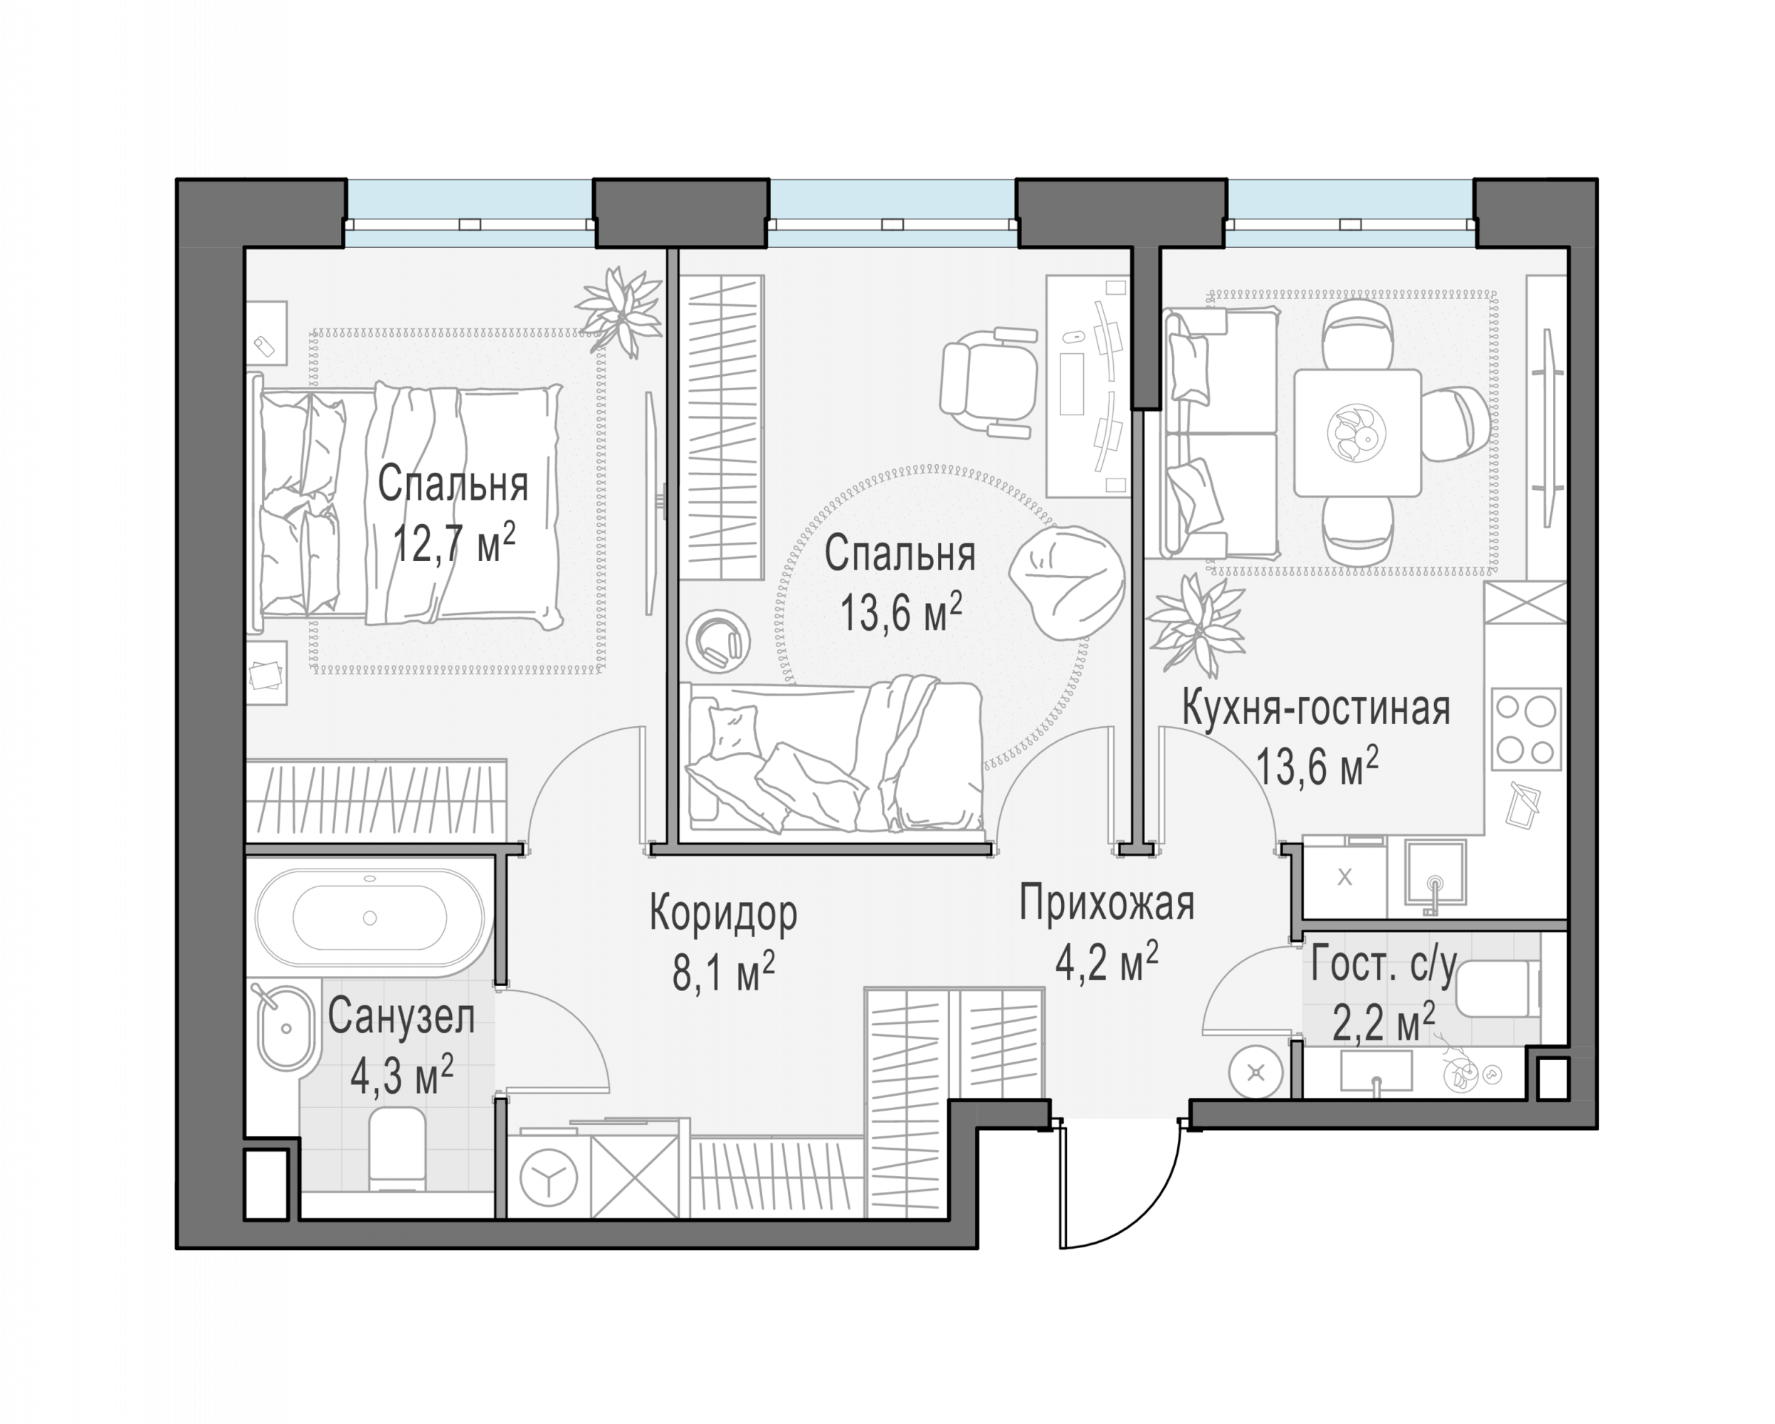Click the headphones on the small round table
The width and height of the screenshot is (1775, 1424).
pyautogui.click(x=718, y=640)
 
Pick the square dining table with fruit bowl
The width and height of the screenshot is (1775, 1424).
pyautogui.click(x=1358, y=433)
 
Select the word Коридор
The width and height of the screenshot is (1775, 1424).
pyautogui.click(x=724, y=913)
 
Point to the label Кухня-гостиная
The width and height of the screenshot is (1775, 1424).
pyautogui.click(x=1316, y=709)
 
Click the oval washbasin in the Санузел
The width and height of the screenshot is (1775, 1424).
pyautogui.click(x=285, y=1029)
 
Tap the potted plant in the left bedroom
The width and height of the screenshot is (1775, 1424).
pyautogui.click(x=620, y=310)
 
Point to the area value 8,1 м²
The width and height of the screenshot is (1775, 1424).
pyautogui.click(x=724, y=973)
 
